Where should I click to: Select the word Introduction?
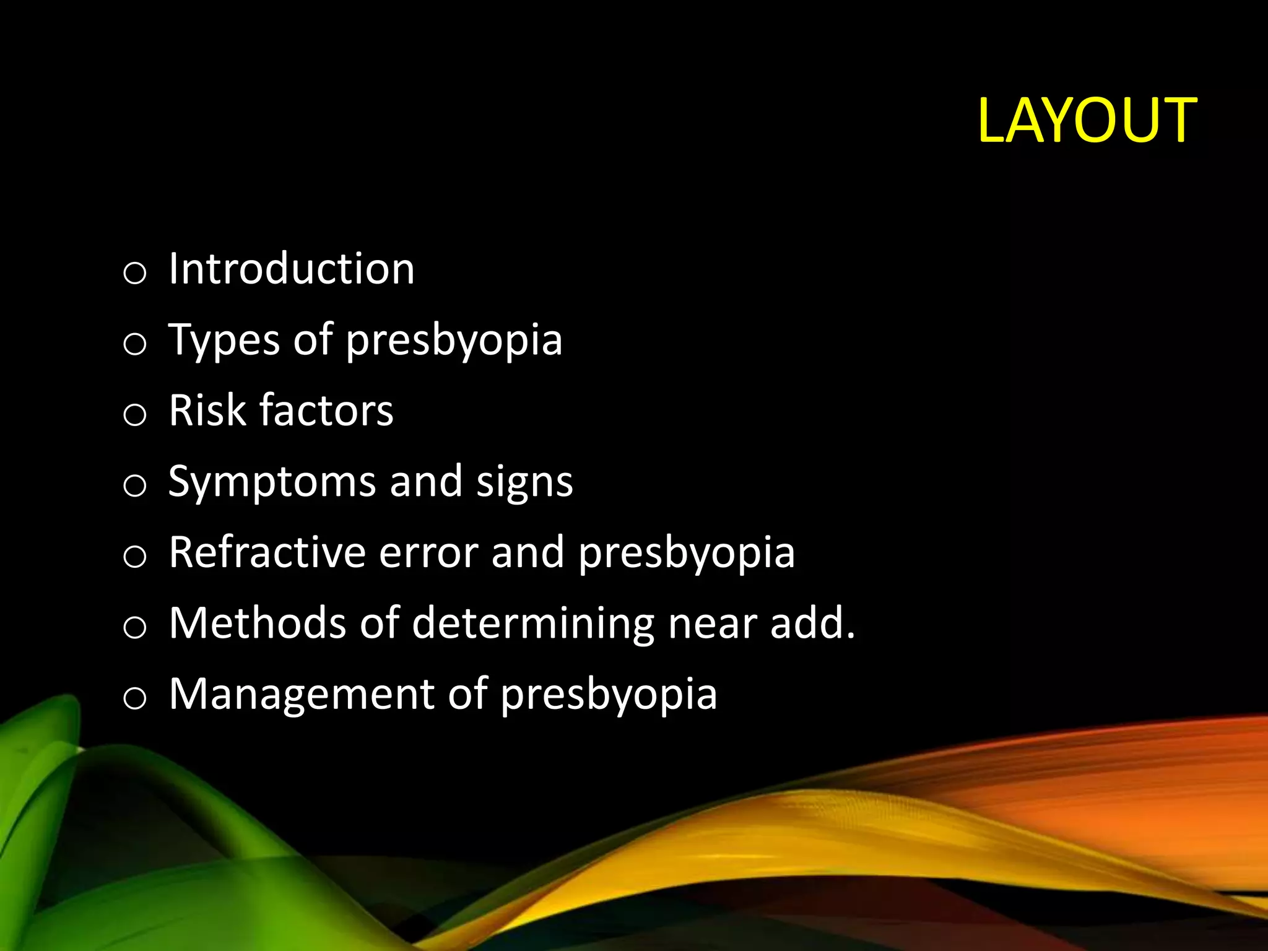click(x=292, y=269)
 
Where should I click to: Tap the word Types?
click(x=224, y=341)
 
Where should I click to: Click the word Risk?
click(x=207, y=410)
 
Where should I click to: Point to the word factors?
click(x=326, y=410)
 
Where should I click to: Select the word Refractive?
click(x=267, y=552)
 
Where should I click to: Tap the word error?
click(x=428, y=554)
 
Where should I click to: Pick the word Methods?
click(x=257, y=623)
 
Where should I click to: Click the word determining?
click(x=532, y=624)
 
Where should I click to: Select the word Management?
click(x=302, y=695)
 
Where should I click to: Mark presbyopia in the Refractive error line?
click(x=686, y=554)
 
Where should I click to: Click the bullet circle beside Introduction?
click(x=134, y=272)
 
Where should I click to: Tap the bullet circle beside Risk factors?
click(x=134, y=414)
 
